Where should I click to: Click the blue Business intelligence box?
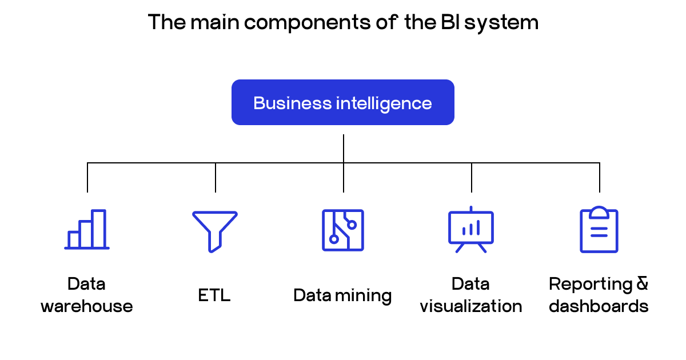(x=342, y=102)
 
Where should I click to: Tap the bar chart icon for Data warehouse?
(x=87, y=230)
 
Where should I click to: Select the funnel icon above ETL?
(x=215, y=230)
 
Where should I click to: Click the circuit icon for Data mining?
(x=343, y=230)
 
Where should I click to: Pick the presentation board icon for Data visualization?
(x=471, y=229)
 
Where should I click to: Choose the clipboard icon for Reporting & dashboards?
(x=599, y=230)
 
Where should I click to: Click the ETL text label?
(x=214, y=295)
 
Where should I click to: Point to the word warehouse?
(x=87, y=306)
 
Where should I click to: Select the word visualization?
(x=471, y=306)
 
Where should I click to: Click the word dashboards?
(x=599, y=306)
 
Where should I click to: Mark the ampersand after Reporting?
(x=642, y=284)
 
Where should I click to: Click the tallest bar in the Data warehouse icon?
(x=99, y=229)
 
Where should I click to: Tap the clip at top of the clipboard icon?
(x=599, y=211)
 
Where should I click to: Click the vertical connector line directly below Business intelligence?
(x=344, y=149)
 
